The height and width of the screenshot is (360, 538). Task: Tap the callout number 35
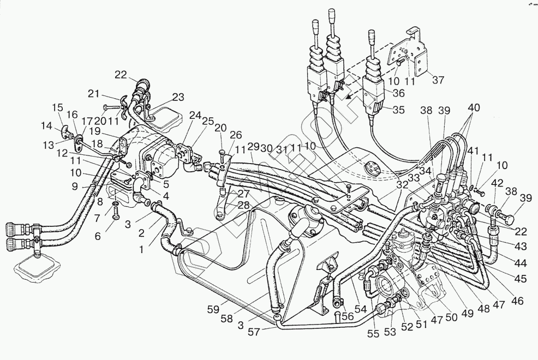399,109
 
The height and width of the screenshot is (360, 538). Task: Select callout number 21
94,94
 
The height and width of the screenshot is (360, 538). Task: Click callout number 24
195,116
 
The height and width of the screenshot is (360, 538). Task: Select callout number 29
252,148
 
